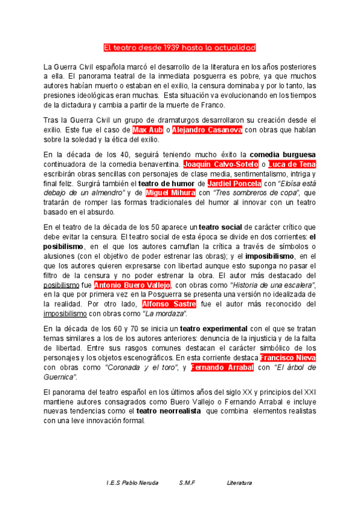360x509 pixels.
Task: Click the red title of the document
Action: tap(180, 47)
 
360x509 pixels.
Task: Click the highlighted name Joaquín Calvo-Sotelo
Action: tap(220, 164)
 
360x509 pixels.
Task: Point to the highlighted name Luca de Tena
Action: tap(292, 164)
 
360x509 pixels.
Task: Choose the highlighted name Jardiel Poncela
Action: tap(234, 183)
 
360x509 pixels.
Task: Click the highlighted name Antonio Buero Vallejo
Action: tap(133, 285)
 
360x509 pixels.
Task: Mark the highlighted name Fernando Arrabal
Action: tap(223, 367)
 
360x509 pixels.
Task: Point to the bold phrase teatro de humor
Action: tap(167, 183)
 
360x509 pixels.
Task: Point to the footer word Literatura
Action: tap(239, 483)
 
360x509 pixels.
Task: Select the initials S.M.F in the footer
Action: tap(187, 483)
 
